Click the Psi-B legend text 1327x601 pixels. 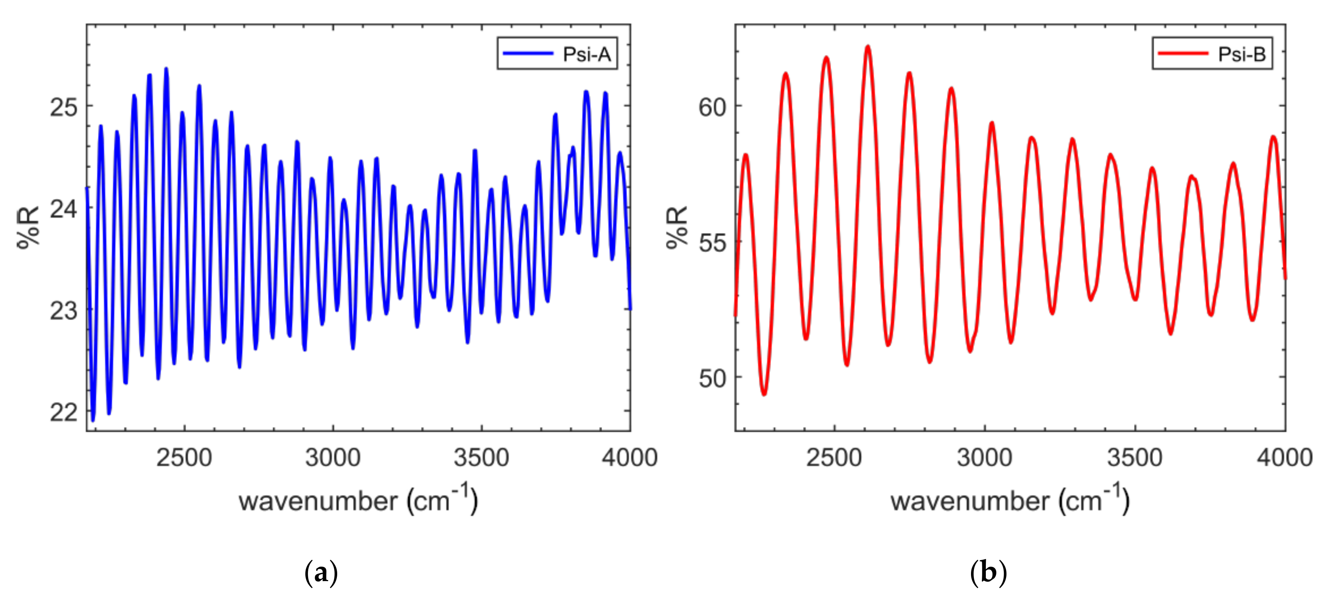click(x=1242, y=54)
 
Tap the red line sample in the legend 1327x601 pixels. click(x=1183, y=53)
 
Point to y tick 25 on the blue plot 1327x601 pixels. click(x=63, y=107)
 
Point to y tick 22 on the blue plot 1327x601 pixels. click(x=63, y=412)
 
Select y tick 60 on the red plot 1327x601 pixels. click(x=712, y=107)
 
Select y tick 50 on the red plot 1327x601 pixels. click(x=712, y=378)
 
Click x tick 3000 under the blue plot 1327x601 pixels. click(x=333, y=458)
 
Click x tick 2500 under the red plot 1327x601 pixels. click(x=834, y=458)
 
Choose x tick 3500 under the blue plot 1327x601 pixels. click(x=481, y=458)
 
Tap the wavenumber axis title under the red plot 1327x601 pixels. click(x=1010, y=500)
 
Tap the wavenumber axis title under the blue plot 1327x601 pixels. click(x=358, y=500)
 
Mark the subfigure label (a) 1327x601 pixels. click(x=321, y=572)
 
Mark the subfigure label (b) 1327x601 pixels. click(x=988, y=572)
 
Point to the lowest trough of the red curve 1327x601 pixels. click(x=764, y=394)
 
